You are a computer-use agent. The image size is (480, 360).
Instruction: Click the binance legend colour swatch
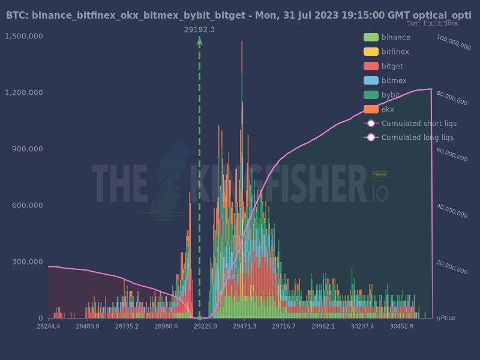coord(371,37)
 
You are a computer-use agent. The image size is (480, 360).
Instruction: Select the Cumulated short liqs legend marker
coord(371,124)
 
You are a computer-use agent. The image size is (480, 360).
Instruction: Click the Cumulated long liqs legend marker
coord(371,137)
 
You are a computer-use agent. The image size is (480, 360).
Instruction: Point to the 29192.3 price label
coord(199,29)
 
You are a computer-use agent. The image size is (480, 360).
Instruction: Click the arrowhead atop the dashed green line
coord(199,41)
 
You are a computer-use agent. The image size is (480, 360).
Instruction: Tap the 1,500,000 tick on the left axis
coord(23,36)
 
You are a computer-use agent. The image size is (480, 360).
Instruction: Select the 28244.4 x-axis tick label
coord(49,326)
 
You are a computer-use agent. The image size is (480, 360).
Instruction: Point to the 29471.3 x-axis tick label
coord(245,326)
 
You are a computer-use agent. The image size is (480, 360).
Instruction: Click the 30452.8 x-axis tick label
coord(401,326)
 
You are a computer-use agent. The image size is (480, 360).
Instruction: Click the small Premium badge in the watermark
coord(380,174)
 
